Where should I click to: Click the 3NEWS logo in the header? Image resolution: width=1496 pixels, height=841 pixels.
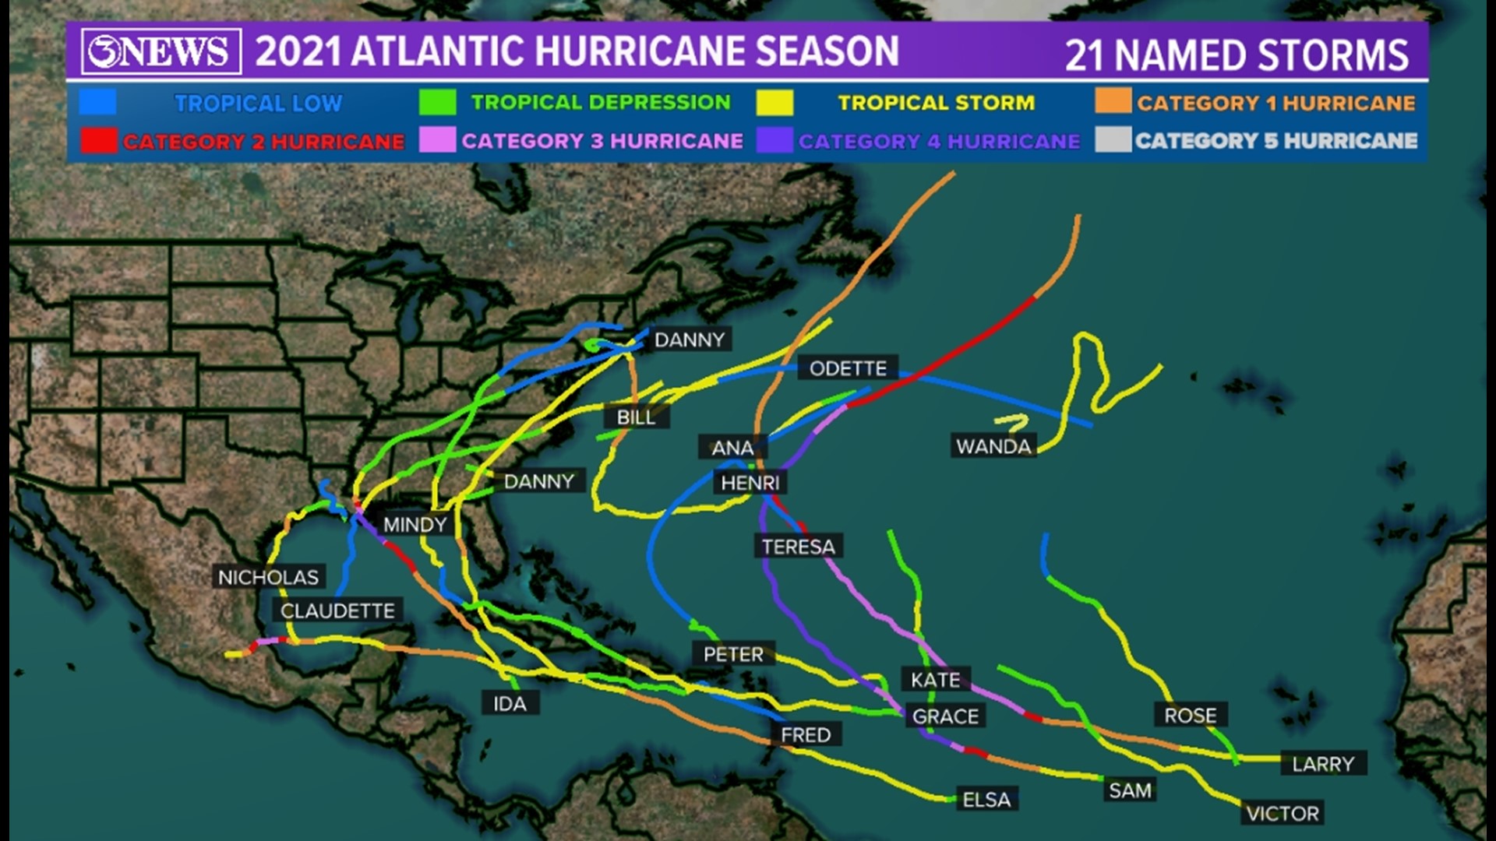161,51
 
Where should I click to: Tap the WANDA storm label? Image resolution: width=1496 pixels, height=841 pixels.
993,446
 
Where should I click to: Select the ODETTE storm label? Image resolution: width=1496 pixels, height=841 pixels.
848,368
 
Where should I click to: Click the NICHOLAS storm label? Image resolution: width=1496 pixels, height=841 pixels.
268,577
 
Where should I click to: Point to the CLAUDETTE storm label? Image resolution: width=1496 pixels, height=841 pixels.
337,611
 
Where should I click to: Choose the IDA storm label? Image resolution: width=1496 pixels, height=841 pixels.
510,704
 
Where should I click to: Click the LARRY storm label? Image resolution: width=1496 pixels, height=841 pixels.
1323,764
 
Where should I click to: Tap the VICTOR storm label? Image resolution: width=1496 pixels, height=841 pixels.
1282,814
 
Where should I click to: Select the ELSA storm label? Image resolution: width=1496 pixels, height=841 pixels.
986,800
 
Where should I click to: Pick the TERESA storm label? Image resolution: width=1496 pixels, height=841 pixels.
798,547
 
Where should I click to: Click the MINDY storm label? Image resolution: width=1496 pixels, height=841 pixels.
415,525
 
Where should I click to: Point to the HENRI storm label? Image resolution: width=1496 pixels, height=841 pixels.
750,483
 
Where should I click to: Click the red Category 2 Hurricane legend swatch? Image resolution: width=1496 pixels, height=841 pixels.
99,141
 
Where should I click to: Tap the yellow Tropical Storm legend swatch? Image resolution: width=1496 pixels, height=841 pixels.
774,102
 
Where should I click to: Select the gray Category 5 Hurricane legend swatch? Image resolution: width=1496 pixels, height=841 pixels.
1113,140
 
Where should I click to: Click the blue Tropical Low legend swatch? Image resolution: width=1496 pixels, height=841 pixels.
98,102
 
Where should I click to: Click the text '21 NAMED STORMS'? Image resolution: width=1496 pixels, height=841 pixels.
1237,55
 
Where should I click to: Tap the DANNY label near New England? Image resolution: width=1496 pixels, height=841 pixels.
690,340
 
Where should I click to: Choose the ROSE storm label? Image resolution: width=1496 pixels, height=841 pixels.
1190,715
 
